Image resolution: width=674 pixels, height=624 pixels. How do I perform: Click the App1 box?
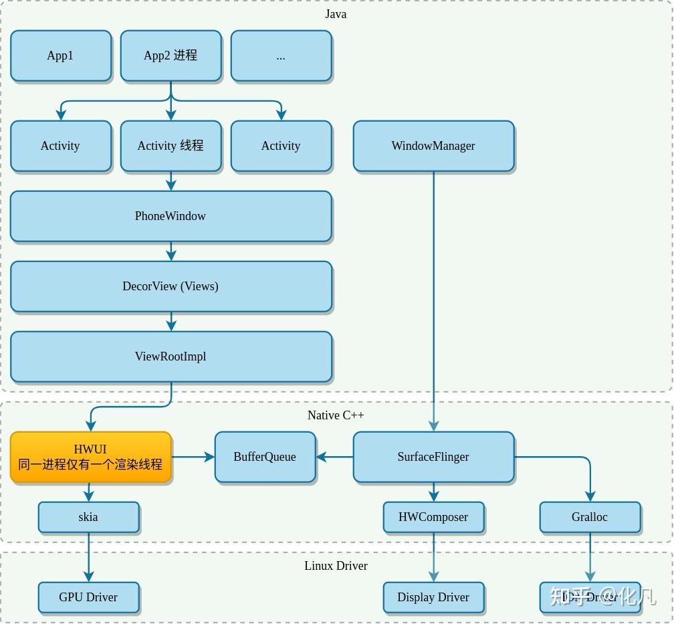[60, 56]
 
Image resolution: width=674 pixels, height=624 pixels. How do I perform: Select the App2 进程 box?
[171, 56]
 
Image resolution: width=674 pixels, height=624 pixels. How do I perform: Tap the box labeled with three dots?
[281, 56]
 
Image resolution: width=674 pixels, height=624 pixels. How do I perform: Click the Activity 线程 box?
[171, 146]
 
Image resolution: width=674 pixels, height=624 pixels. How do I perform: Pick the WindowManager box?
[433, 146]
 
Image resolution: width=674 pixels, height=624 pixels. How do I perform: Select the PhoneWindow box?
[171, 216]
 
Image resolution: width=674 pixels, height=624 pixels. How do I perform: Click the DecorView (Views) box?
[171, 286]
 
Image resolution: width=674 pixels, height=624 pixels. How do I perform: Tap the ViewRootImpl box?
[171, 356]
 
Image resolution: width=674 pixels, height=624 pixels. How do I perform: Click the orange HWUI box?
[90, 457]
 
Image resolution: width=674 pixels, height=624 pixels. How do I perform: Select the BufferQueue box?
[265, 457]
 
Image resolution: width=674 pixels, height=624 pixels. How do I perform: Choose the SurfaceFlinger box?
[433, 457]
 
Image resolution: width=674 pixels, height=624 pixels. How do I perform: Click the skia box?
[88, 517]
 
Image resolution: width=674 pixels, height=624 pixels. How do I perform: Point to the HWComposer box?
[433, 517]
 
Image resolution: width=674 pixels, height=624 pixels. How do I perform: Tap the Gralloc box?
[590, 517]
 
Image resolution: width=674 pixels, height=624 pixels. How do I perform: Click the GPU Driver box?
[88, 597]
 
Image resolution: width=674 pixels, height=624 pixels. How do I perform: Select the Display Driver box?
[433, 597]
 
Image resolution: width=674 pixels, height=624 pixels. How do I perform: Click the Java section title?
[336, 14]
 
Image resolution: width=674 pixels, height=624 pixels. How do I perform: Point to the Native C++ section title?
[336, 415]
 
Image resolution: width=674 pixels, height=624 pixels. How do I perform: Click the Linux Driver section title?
[336, 566]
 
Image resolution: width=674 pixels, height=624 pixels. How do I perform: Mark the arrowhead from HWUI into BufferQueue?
[210, 457]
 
